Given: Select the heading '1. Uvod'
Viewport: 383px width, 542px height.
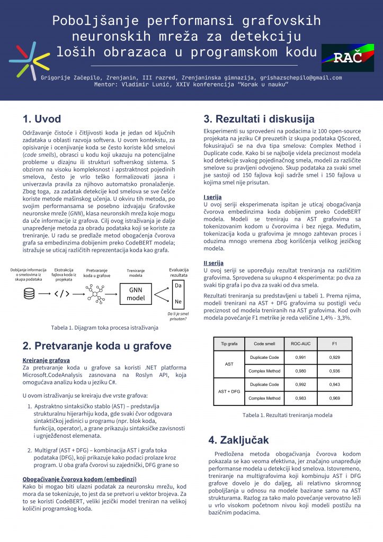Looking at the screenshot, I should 42,119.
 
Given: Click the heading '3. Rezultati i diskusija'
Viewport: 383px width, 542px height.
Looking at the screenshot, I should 259,119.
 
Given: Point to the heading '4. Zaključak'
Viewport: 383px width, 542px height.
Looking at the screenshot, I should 238,440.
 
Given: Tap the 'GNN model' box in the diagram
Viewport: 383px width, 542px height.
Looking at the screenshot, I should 136,294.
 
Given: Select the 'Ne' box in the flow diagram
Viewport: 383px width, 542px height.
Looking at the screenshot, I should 179,302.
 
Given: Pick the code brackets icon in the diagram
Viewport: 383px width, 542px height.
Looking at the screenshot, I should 61,293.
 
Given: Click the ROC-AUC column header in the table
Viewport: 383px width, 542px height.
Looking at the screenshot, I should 300,344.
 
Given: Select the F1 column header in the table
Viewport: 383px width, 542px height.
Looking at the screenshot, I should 334,344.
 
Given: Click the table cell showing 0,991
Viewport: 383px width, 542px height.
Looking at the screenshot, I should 300,358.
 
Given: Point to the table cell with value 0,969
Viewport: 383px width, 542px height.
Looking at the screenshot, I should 334,398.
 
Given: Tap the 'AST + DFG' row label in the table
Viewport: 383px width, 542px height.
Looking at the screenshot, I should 229,391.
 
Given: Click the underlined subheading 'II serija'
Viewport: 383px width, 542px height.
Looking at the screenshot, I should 213,263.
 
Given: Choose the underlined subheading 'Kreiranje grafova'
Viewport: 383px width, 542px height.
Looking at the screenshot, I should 47,360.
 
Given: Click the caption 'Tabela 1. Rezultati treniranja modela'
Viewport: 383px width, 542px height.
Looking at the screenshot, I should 288,415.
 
